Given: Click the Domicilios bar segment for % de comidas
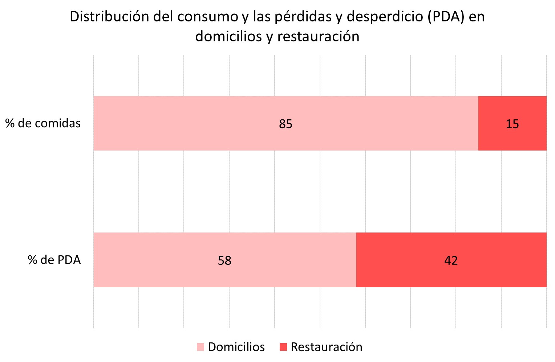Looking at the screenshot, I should pos(218,123).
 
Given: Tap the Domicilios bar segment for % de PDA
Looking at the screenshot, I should pos(163,260).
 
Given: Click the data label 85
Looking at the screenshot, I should pos(285,124).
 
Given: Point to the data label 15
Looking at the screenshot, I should pos(512,124).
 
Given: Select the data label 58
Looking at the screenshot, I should pos(224,260).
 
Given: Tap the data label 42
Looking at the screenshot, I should pos(451,260).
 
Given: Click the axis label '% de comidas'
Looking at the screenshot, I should pos(43,123).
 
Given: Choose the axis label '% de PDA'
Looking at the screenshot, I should pos(54,260).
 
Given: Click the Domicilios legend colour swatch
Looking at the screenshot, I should pos(200,347).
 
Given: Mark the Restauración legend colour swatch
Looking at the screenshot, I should pos(283,347).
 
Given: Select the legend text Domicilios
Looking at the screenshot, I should pos(236,347).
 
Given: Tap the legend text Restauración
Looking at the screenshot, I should pos(327,347).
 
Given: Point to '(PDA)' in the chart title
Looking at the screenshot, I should pos(446,17).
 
